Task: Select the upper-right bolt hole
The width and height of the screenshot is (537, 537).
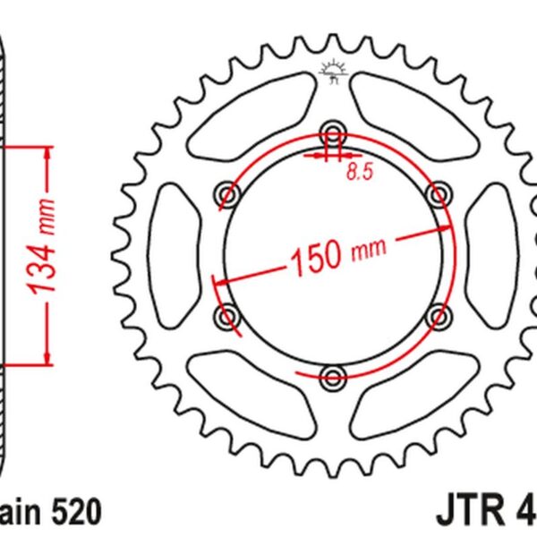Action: (439, 193)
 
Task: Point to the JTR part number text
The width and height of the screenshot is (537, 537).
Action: (483, 513)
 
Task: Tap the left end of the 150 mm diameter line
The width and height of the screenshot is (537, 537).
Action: (215, 279)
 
